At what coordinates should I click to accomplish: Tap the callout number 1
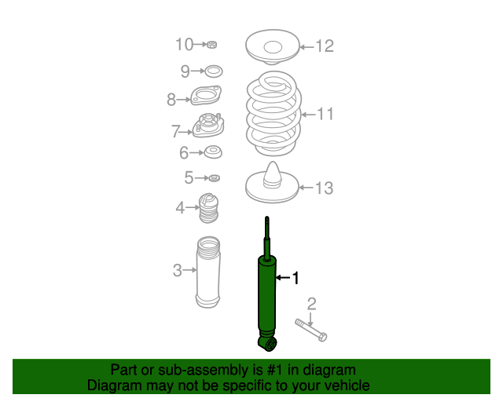click(296, 278)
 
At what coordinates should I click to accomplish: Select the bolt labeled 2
click(311, 330)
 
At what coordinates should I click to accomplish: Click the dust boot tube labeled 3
click(207, 272)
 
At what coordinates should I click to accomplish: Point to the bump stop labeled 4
click(209, 208)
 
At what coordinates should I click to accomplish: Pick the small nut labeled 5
click(214, 177)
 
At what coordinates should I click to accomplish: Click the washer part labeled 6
click(213, 152)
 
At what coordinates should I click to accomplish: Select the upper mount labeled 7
click(208, 125)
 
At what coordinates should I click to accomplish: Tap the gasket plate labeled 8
click(206, 95)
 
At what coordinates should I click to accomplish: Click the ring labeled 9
click(214, 71)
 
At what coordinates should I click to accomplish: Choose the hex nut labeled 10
click(211, 44)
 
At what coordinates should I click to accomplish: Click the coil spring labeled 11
click(274, 114)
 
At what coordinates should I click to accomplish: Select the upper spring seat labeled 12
click(273, 47)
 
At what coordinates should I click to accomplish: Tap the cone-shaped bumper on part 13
click(273, 175)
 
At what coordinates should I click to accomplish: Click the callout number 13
click(325, 188)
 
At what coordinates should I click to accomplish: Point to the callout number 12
click(325, 46)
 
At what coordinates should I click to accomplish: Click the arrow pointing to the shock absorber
click(283, 277)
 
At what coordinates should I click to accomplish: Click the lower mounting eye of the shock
click(267, 343)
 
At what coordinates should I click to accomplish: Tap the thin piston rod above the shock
click(267, 237)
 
